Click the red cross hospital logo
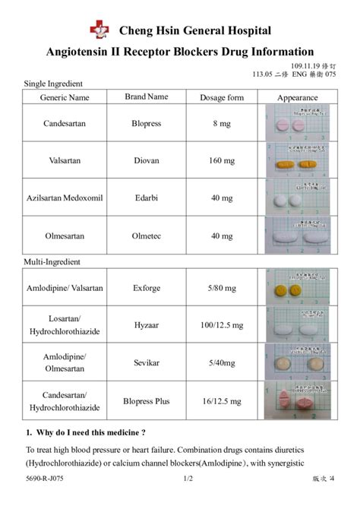pos(99,30)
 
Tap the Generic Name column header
pos(65,97)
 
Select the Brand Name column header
pos(146,96)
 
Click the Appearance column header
pos(297,97)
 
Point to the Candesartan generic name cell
pos(65,122)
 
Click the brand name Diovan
pos(146,160)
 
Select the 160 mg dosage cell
pos(222,160)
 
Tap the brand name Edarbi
pos(146,198)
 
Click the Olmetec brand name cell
pos(146,236)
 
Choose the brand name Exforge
pos(146,288)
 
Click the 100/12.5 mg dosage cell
pos(222,325)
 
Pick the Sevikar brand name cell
pos(146,362)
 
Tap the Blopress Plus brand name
pos(146,400)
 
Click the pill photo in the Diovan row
pos(297,160)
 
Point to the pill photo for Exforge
pos(297,288)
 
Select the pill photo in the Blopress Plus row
pos(297,400)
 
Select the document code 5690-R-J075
pos(45,479)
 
